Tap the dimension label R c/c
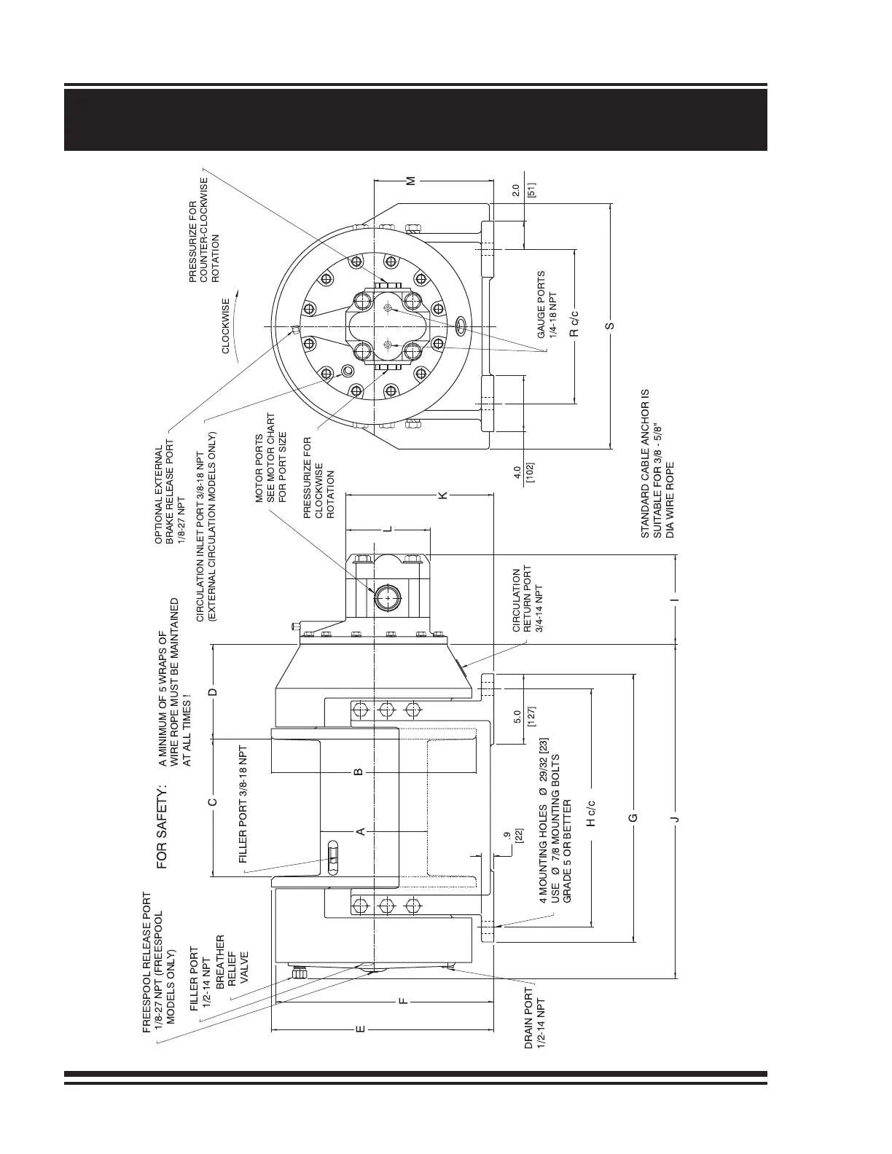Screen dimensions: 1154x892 pos(574,323)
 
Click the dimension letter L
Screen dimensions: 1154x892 pos(388,528)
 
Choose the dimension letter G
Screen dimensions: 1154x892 pos(633,817)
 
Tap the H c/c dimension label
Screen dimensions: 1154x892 pos(591,812)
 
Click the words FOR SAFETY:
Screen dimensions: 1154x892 pos(162,826)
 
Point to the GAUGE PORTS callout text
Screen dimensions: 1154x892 pos(547,304)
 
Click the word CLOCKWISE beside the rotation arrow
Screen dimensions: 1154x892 pos(226,326)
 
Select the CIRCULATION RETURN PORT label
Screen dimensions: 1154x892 pos(528,600)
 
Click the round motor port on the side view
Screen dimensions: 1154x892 pos(387,598)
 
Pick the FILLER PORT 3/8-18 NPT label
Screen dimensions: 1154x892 pos(244,804)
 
